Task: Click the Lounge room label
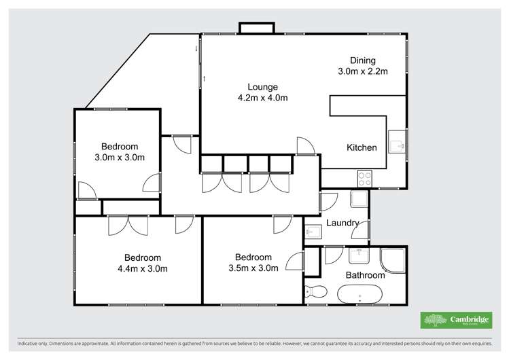point(262,87)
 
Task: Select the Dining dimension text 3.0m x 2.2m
point(362,71)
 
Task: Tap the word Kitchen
point(362,147)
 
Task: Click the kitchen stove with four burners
point(365,179)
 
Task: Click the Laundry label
point(343,223)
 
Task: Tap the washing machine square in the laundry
point(358,199)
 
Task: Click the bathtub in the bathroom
point(359,295)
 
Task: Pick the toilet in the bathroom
point(317,292)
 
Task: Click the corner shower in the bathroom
point(393,259)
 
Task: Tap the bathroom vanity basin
point(359,255)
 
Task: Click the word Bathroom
point(365,275)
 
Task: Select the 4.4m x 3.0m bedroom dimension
point(142,268)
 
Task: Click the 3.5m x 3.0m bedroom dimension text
point(253,268)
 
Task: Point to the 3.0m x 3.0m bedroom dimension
point(120,158)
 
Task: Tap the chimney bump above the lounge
point(256,28)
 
